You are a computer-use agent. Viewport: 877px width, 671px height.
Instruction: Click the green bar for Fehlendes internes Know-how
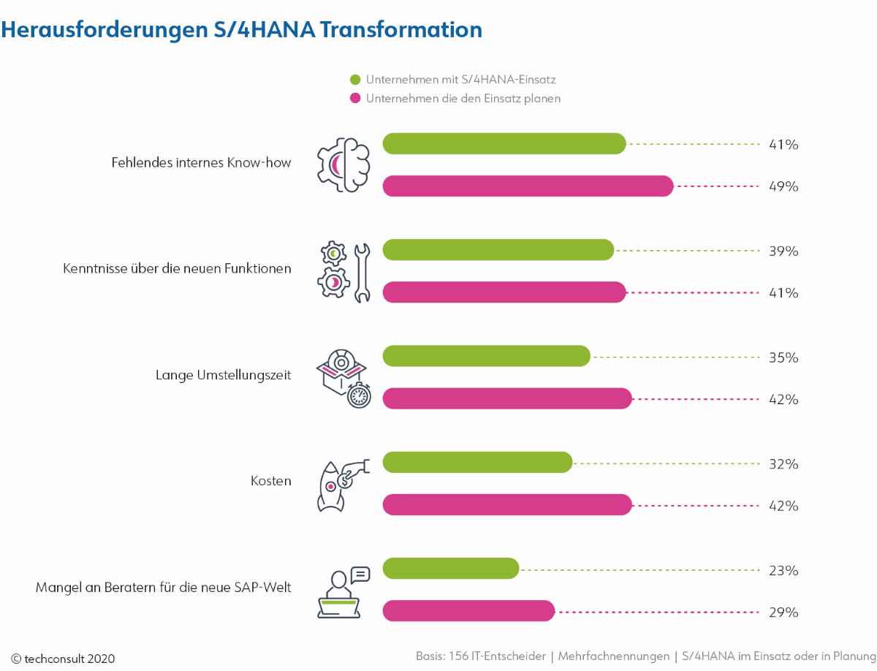pyautogui.click(x=504, y=144)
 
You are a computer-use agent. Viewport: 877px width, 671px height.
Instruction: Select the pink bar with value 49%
pyautogui.click(x=528, y=186)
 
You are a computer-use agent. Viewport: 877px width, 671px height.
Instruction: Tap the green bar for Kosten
pyautogui.click(x=477, y=463)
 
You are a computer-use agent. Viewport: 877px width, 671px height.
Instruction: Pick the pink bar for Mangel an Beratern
pyautogui.click(x=468, y=611)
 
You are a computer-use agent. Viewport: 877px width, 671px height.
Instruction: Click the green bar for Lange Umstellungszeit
pyautogui.click(x=486, y=356)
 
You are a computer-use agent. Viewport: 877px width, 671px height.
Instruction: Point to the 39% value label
pyautogui.click(x=783, y=251)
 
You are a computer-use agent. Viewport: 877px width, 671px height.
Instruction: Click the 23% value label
pyautogui.click(x=783, y=570)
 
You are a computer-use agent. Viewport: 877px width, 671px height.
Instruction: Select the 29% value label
pyautogui.click(x=783, y=612)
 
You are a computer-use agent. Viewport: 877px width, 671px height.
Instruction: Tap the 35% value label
pyautogui.click(x=783, y=357)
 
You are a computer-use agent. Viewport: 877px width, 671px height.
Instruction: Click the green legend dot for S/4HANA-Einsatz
pyautogui.click(x=355, y=80)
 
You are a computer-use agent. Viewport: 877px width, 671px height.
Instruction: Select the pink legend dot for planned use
pyautogui.click(x=355, y=98)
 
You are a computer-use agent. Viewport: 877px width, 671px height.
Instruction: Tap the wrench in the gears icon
pyautogui.click(x=361, y=272)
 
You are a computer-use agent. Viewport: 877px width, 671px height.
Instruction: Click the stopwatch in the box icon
pyautogui.click(x=359, y=395)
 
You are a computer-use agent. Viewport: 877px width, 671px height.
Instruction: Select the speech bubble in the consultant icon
pyautogui.click(x=360, y=575)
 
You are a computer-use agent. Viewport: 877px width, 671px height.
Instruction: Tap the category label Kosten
pyautogui.click(x=271, y=481)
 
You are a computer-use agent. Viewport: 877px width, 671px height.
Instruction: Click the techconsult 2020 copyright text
pyautogui.click(x=63, y=659)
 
